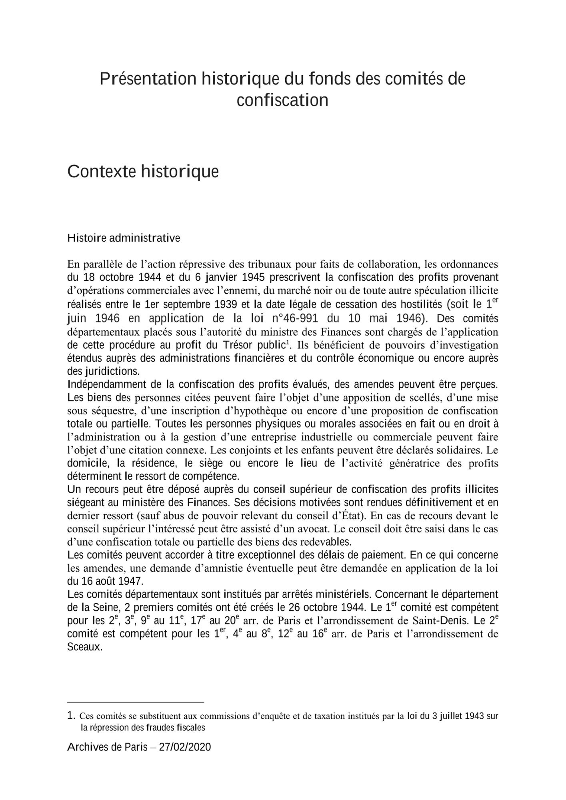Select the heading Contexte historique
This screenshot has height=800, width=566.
[143, 172]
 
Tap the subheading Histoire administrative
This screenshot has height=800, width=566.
[124, 238]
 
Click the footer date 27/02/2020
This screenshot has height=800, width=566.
[185, 747]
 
